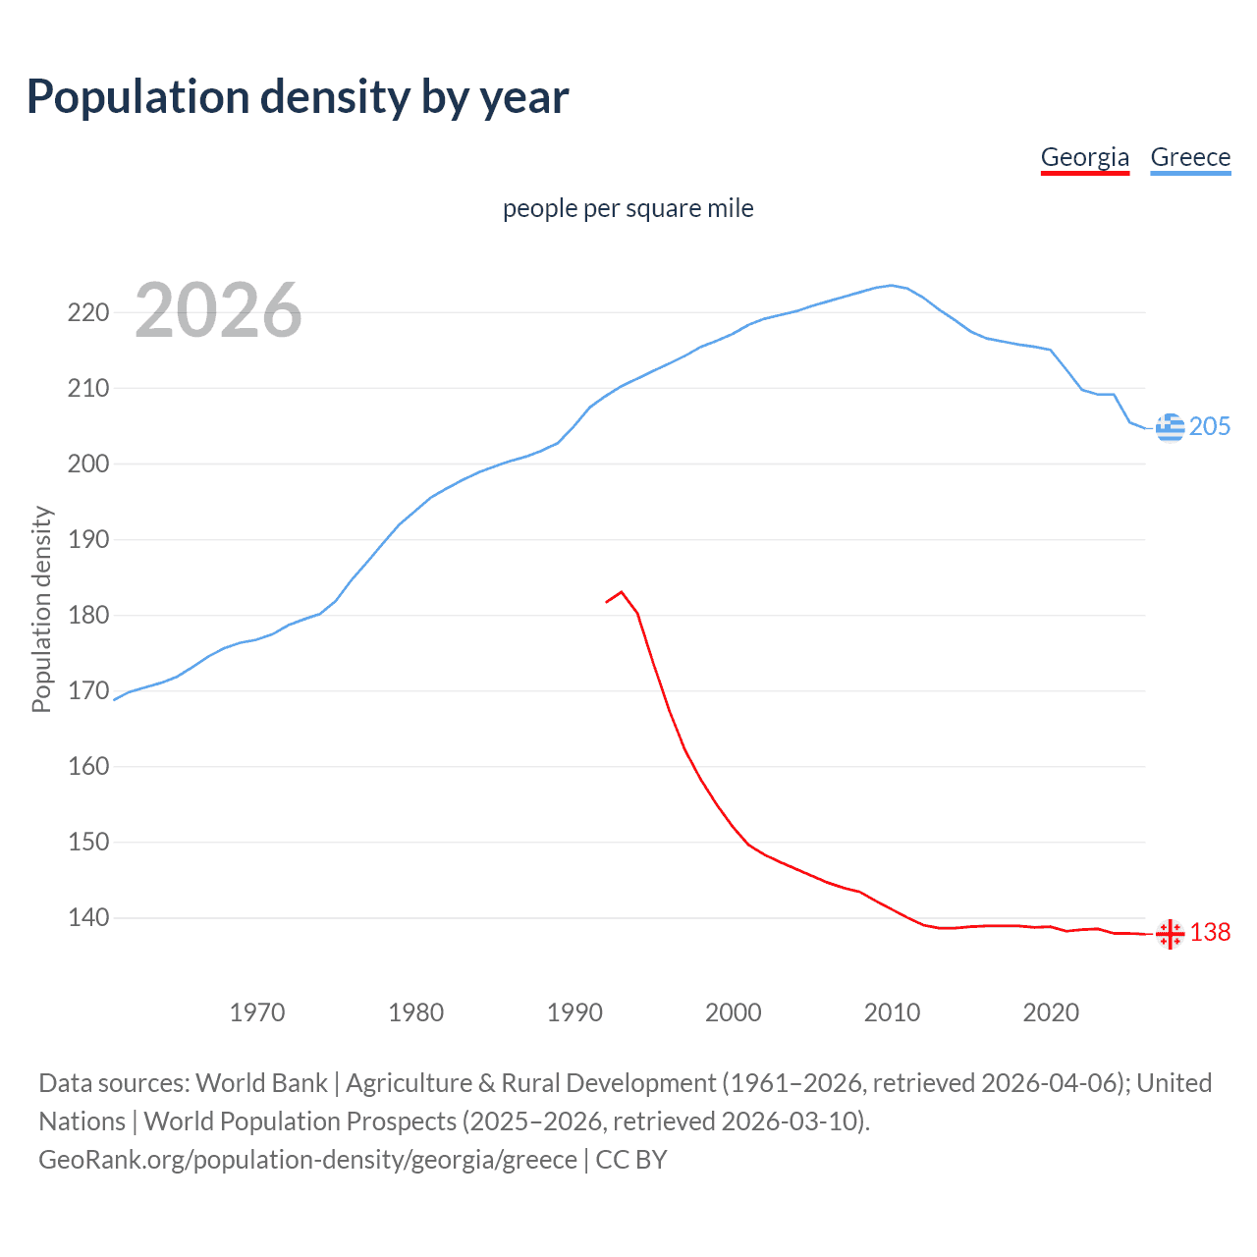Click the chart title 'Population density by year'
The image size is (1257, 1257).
click(298, 97)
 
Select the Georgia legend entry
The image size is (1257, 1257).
click(1084, 157)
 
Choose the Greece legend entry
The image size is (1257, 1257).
click(1190, 157)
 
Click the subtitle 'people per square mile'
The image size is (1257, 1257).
click(628, 208)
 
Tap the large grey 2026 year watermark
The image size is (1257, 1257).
click(218, 310)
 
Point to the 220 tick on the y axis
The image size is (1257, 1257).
click(87, 313)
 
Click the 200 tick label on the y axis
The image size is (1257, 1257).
click(87, 465)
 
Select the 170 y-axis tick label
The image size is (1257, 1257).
click(87, 691)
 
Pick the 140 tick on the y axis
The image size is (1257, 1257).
click(87, 918)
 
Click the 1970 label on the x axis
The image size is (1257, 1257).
click(257, 1012)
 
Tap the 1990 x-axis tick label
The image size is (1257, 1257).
click(574, 1012)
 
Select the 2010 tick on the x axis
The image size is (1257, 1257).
click(892, 1012)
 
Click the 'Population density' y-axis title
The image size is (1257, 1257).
click(41, 609)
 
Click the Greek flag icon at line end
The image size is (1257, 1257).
click(1170, 427)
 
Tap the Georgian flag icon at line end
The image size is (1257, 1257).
click(1170, 934)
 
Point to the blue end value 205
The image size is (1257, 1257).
click(1210, 426)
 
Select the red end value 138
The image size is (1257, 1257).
click(1210, 932)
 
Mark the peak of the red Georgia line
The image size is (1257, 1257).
click(622, 592)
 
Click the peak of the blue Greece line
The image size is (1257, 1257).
click(892, 286)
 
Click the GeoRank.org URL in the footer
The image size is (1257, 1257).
click(307, 1160)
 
